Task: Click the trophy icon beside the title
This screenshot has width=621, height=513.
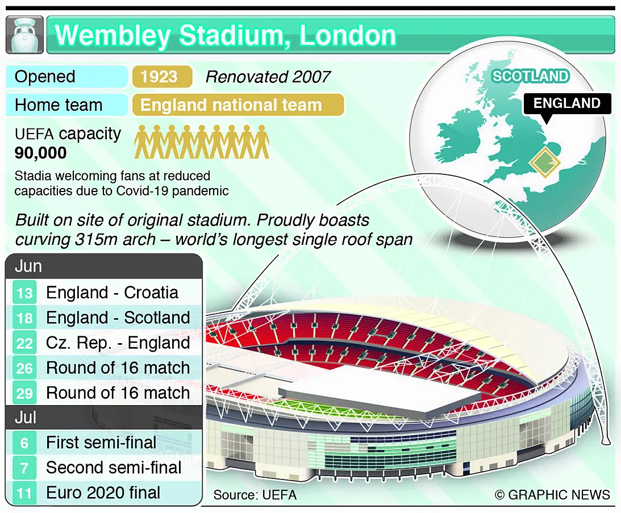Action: [x=24, y=35]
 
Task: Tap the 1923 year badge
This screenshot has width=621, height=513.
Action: [x=162, y=77]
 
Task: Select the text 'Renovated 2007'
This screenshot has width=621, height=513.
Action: [x=268, y=77]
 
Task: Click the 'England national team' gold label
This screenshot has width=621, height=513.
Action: [x=238, y=105]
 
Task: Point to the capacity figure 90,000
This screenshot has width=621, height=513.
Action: [x=41, y=153]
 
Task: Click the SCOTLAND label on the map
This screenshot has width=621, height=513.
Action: [x=531, y=76]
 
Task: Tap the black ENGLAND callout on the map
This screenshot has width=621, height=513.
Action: [x=567, y=103]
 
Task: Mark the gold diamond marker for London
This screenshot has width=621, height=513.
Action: [x=544, y=161]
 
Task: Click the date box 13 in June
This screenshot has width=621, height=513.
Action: [x=24, y=293]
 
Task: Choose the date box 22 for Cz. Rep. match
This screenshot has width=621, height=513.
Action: [x=24, y=343]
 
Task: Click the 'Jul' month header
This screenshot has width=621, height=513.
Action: [x=26, y=418]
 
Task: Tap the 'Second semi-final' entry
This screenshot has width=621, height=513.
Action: [x=114, y=468]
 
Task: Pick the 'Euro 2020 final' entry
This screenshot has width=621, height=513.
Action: [x=103, y=493]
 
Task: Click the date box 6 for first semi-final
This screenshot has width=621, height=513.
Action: [x=24, y=443]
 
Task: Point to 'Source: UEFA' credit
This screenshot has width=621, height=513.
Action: [x=255, y=495]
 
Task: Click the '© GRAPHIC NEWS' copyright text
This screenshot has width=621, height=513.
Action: [x=552, y=495]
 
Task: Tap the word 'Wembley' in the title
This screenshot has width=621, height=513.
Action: [x=113, y=36]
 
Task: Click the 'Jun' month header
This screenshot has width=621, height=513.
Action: [x=28, y=266]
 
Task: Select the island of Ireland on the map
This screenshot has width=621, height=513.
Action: [x=460, y=135]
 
